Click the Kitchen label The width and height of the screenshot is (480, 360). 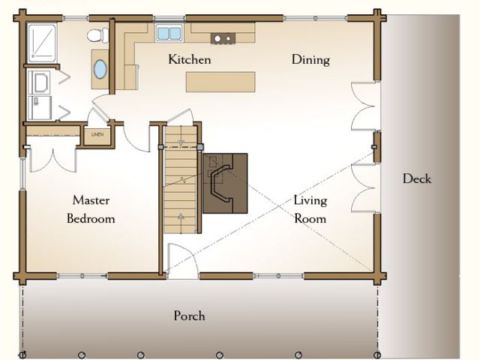point(190,59)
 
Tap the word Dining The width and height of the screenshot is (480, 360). point(310,60)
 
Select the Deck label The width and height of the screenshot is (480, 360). point(417,178)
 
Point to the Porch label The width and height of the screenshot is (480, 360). point(189,316)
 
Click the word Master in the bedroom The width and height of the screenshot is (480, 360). point(91,200)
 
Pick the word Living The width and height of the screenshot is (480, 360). point(310,201)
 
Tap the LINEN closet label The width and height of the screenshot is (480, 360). point(97,134)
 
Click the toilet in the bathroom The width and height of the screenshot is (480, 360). point(98,35)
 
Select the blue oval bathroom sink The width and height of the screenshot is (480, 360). point(100,69)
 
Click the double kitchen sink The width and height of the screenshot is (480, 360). point(169,33)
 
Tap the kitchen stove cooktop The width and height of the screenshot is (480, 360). point(223,38)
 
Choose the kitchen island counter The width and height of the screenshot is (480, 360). point(220,82)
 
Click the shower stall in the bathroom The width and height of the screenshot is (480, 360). point(42,43)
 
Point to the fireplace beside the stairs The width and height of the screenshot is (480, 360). point(225,183)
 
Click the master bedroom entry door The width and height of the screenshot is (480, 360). point(136,138)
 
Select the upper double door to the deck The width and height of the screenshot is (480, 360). point(363,106)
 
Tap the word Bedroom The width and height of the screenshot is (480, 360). point(91,218)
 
